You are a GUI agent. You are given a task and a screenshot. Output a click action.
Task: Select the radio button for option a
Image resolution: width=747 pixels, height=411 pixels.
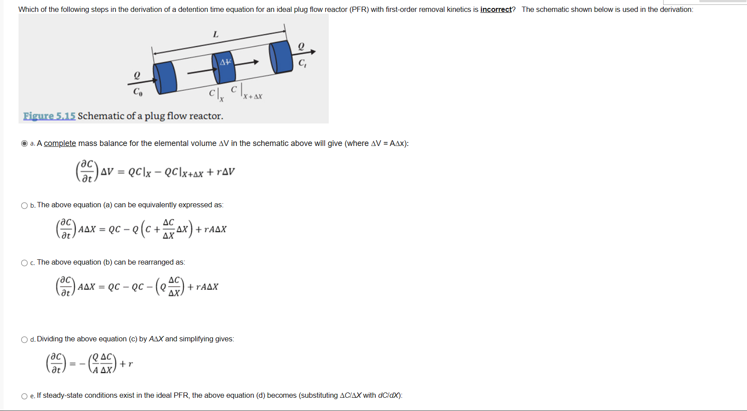tap(24, 143)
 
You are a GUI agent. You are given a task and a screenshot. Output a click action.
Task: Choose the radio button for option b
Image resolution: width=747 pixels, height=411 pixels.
tap(24, 205)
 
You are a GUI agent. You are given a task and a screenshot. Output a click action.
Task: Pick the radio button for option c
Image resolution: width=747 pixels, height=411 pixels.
tap(24, 263)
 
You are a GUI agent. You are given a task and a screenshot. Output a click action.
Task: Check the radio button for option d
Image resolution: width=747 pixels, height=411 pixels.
tap(24, 340)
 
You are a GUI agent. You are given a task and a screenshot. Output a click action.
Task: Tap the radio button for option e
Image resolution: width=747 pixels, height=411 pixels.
tap(24, 396)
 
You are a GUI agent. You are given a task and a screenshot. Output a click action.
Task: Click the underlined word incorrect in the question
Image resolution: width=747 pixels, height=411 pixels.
tap(495, 9)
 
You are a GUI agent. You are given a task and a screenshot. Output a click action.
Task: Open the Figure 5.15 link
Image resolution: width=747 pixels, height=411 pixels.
tap(49, 116)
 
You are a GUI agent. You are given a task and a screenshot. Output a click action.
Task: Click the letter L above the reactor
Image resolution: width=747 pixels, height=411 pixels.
tap(216, 34)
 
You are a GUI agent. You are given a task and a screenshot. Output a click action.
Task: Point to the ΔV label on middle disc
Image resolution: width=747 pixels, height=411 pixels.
tap(225, 62)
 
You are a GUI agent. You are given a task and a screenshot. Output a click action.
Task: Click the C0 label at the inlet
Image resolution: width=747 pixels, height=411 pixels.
tap(138, 92)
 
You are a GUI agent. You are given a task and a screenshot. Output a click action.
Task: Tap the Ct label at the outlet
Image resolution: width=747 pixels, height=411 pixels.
tap(302, 63)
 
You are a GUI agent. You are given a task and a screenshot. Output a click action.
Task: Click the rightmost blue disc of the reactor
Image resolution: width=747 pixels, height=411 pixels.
tap(281, 57)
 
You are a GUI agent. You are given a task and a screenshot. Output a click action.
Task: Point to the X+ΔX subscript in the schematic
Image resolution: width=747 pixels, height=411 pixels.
tap(253, 97)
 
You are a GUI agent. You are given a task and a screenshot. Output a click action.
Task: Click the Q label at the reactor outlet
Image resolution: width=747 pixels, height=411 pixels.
tap(301, 46)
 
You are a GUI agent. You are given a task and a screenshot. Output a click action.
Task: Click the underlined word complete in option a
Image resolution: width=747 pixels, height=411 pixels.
tap(60, 143)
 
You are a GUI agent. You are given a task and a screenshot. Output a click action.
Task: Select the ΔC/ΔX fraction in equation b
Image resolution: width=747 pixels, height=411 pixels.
tap(169, 229)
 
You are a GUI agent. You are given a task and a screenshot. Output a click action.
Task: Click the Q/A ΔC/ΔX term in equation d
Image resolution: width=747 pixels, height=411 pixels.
tap(102, 363)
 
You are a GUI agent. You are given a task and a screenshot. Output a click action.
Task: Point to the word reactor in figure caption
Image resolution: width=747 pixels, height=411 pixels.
tap(206, 116)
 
